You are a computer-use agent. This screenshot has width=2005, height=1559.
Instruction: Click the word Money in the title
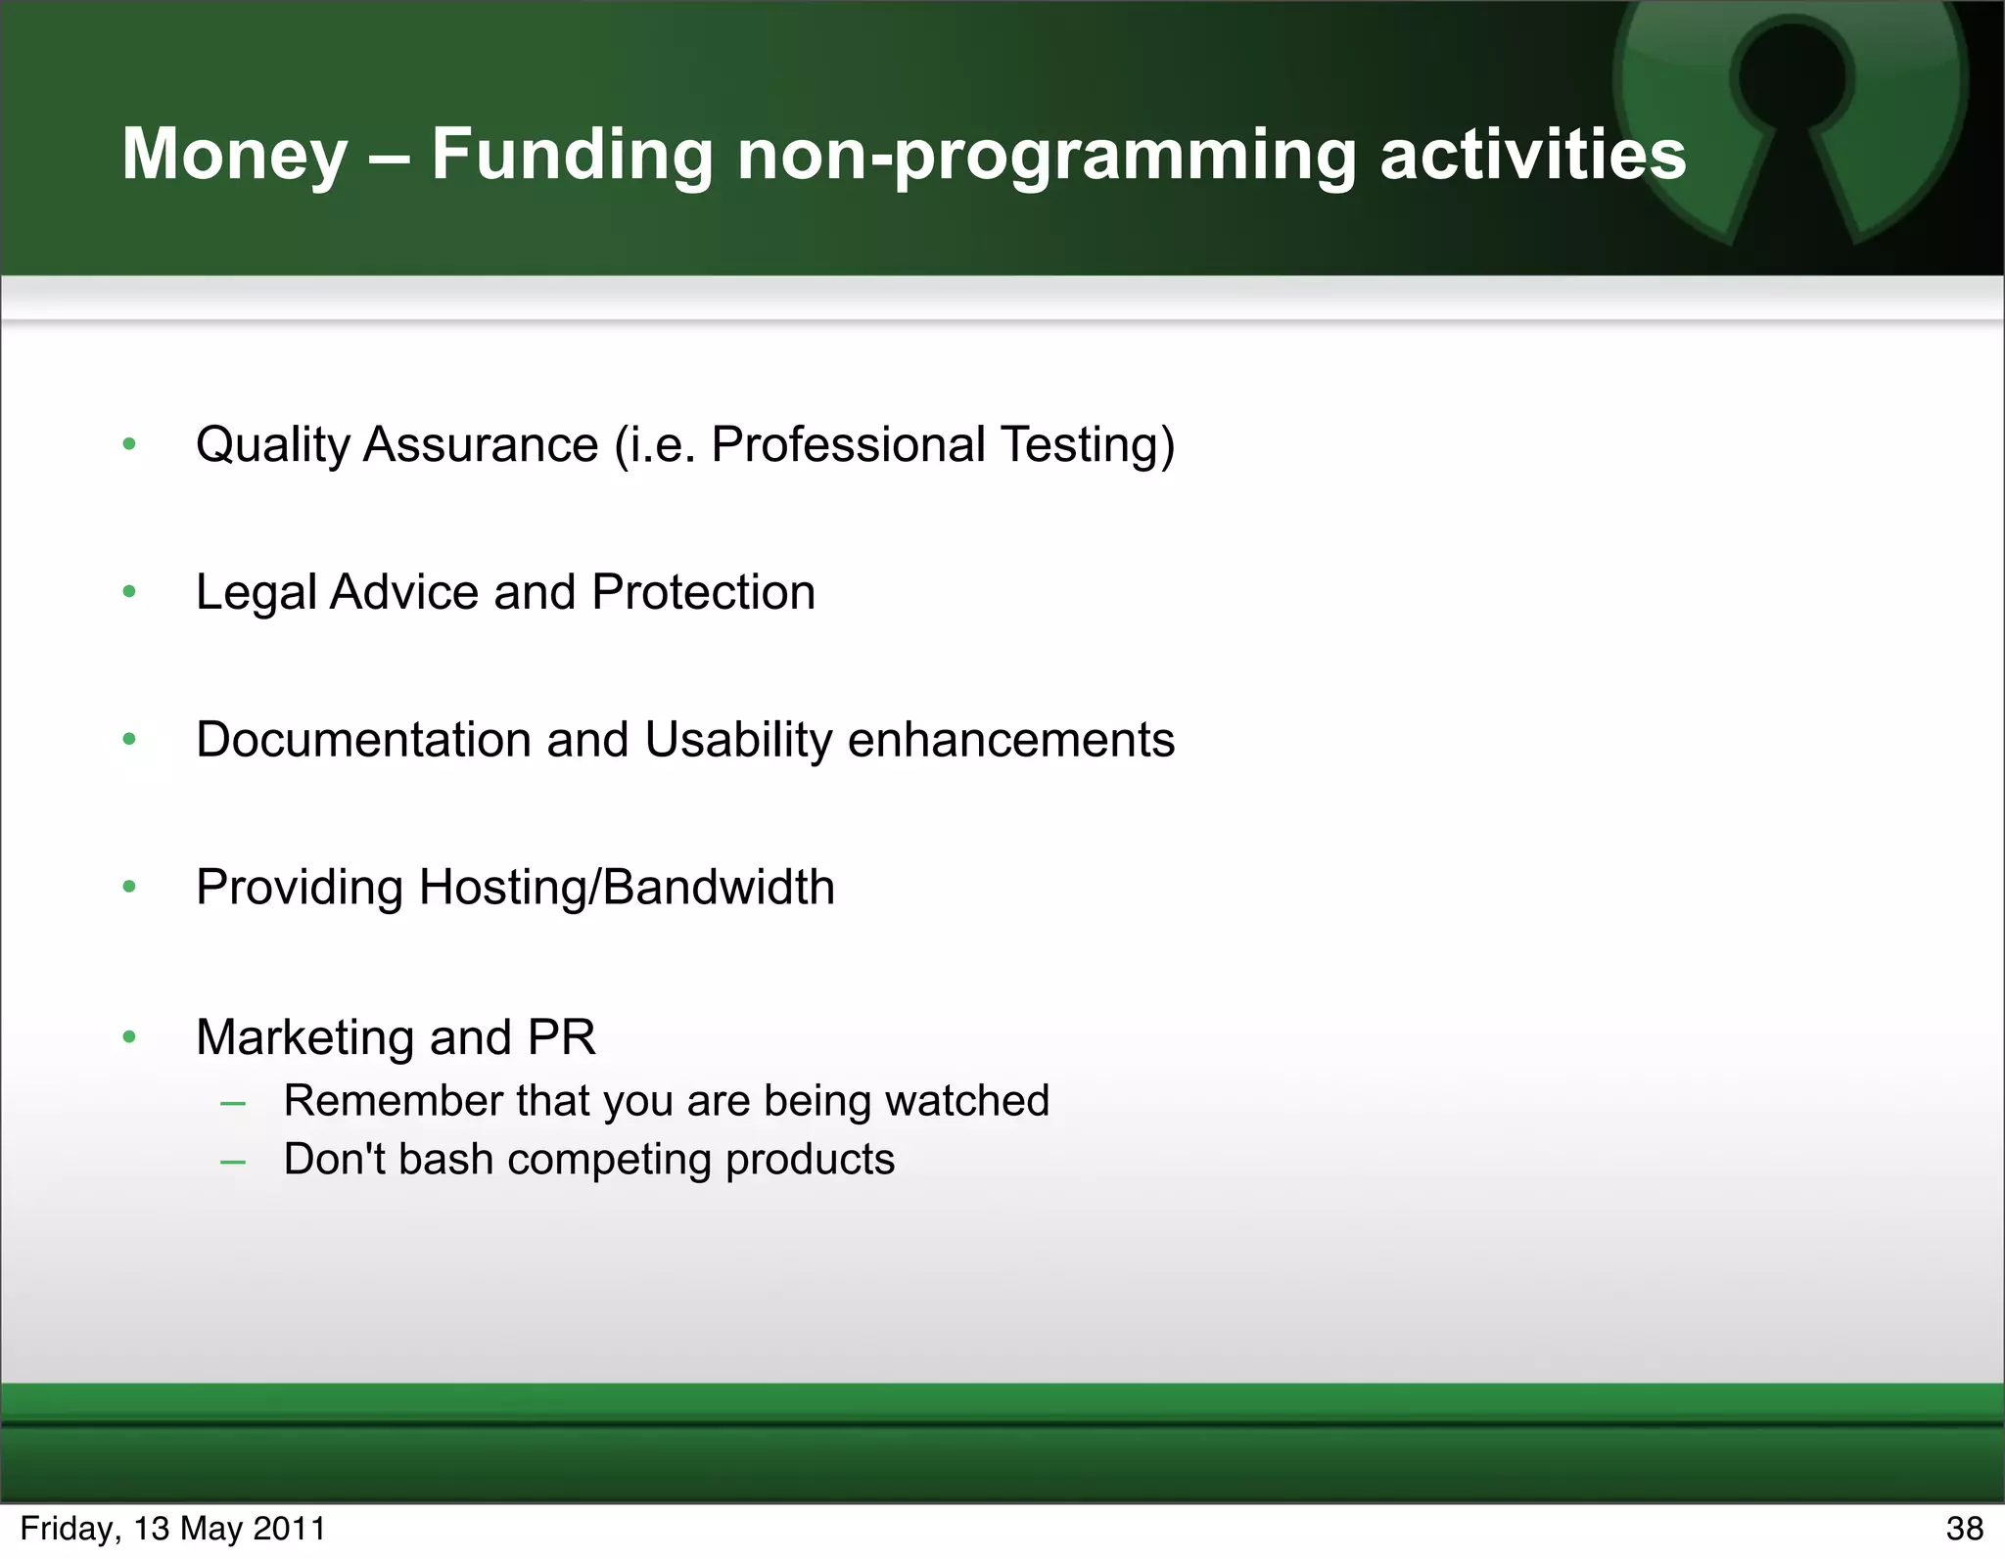click(235, 156)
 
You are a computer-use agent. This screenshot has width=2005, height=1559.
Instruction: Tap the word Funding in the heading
click(573, 156)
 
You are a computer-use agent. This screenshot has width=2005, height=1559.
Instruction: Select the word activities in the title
click(1533, 156)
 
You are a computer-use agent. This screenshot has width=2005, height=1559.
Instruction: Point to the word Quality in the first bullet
click(272, 445)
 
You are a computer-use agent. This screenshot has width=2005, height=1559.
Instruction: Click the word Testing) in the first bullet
click(1087, 445)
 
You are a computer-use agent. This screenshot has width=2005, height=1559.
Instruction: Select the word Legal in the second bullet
click(256, 593)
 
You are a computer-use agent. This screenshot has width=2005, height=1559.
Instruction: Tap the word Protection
click(703, 593)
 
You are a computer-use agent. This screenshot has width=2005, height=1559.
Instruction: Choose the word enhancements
click(1010, 740)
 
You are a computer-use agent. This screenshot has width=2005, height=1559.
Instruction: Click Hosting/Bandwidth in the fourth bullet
click(627, 888)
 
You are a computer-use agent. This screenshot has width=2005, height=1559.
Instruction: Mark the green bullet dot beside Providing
click(129, 888)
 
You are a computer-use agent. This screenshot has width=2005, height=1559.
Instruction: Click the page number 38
click(1964, 1529)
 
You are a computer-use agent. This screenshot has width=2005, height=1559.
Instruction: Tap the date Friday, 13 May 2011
click(172, 1529)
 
